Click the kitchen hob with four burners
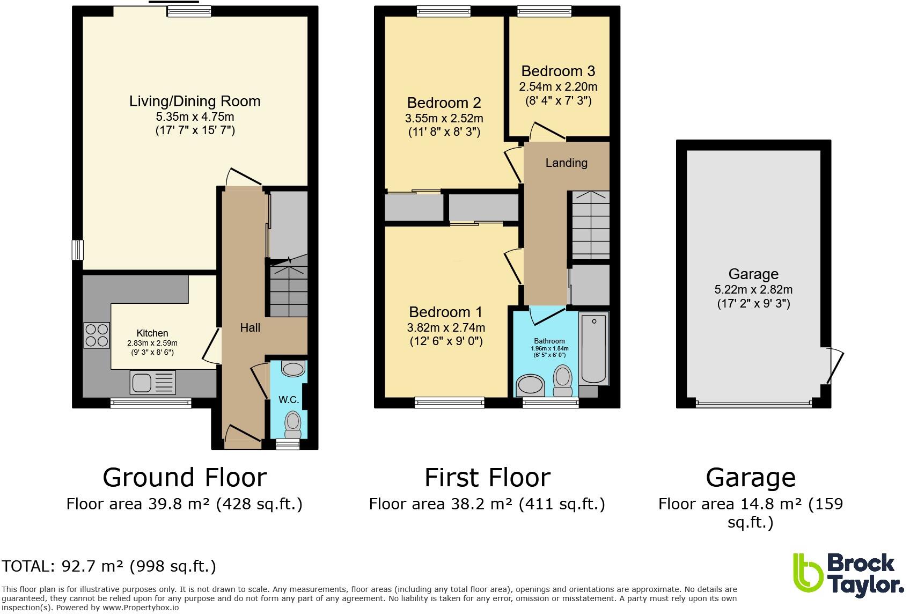click(97, 335)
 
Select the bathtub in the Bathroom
click(594, 348)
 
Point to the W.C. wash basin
click(293, 369)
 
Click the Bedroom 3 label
click(558, 71)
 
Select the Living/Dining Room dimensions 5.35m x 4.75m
click(195, 116)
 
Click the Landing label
click(566, 163)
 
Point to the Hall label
click(250, 327)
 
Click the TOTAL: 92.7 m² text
click(109, 566)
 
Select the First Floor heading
click(487, 477)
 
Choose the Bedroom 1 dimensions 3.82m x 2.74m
click(446, 327)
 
